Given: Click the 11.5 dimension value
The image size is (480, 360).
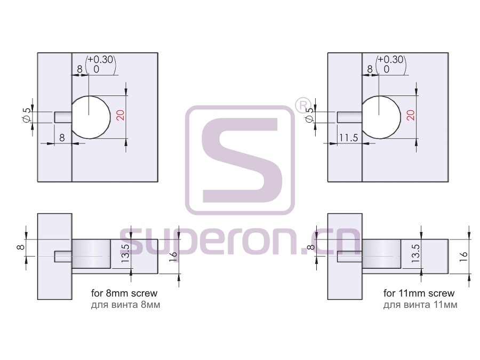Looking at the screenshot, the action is [348, 138].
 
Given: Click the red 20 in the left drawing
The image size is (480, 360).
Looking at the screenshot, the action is [121, 115].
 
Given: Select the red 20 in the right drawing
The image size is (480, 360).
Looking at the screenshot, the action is [411, 115].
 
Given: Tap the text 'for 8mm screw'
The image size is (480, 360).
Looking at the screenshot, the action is [124, 293].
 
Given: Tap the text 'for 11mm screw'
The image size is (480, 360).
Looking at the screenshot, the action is [419, 293].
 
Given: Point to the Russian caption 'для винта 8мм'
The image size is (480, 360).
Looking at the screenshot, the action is [125, 305].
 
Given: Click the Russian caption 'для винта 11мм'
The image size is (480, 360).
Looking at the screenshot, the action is [420, 305].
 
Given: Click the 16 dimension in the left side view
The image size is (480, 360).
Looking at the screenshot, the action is [173, 256].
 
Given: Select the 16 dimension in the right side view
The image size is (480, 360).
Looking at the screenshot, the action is [463, 256].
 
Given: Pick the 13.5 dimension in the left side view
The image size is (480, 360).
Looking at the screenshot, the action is [125, 253].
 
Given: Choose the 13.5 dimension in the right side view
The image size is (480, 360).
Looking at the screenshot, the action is [415, 253].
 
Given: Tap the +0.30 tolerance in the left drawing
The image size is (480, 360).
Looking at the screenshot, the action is [100, 59].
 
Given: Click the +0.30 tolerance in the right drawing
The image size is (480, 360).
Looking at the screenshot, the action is [390, 59].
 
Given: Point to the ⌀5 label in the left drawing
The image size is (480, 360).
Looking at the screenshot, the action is [27, 115].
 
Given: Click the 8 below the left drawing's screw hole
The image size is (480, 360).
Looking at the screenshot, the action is [62, 138].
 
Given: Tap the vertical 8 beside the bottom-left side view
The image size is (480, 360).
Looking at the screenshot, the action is [21, 247].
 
